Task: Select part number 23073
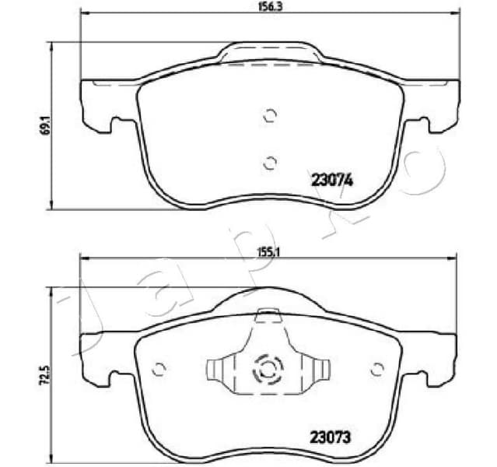tap(331, 437)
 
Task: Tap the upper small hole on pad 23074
tap(270, 115)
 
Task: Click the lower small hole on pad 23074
tap(270, 162)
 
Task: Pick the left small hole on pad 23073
tap(159, 368)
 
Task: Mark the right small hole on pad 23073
tap(379, 368)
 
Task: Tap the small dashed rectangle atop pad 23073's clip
tap(268, 314)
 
